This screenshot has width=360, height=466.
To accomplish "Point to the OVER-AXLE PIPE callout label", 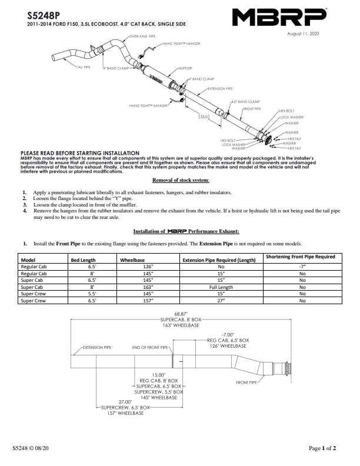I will click(143, 36).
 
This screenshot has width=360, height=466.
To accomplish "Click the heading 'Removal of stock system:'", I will click(181, 180).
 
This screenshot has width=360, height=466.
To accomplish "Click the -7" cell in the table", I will click(302, 267).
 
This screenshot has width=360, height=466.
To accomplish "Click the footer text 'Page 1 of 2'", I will click(322, 448).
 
